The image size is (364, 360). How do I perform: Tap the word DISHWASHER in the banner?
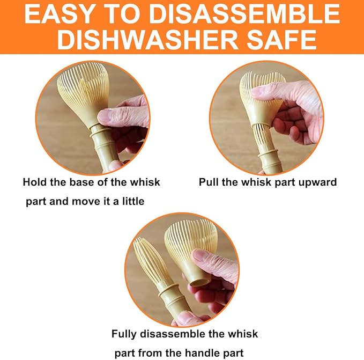147,40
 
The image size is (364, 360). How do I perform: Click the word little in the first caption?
133,201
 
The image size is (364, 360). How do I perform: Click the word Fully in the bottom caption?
124,335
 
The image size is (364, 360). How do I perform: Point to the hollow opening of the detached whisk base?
199,282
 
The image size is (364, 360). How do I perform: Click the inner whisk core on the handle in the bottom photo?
151,262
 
